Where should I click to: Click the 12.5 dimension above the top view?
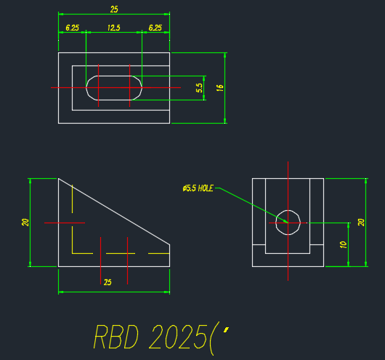pos(113,28)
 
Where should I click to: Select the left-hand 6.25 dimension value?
pos(72,28)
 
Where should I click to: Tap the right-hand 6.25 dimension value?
pos(155,28)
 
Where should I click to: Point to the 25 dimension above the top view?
pos(114,9)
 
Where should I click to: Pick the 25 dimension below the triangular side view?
pos(108,282)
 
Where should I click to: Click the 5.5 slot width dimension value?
pos(199,88)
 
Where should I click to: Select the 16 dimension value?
pos(220,88)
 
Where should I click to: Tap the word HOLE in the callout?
pos(206,188)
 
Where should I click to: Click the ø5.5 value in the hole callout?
pos(190,188)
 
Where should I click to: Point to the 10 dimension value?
pos(343,244)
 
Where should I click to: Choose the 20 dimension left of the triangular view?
pos(25,223)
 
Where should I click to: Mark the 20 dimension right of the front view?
pos(361,223)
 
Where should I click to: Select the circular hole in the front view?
pos(288,210)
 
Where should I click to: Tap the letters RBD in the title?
pos(116,337)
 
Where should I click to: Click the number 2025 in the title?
pos(177,337)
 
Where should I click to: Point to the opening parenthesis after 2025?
pos(211,339)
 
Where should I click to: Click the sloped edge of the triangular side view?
pos(114,212)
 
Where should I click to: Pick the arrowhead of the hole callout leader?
pos(285,221)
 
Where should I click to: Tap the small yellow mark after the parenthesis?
pos(226,329)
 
